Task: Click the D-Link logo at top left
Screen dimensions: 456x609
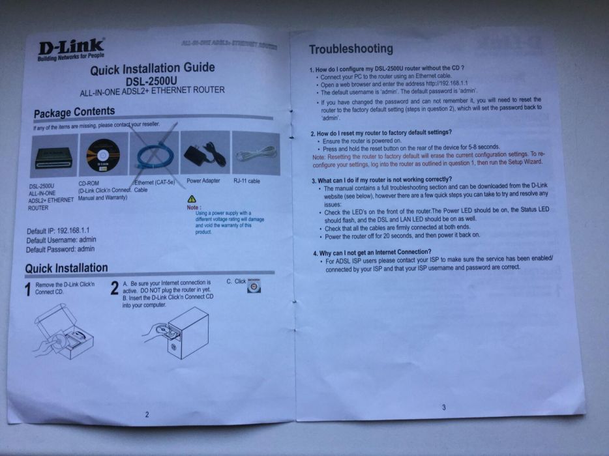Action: tap(71, 50)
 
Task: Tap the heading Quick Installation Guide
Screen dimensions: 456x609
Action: tap(152, 68)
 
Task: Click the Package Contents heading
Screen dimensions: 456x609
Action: tap(74, 113)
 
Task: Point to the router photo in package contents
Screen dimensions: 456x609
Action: tap(52, 154)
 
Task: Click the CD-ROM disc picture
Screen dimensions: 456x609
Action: tap(102, 154)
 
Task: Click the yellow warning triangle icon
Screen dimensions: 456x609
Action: tap(190, 198)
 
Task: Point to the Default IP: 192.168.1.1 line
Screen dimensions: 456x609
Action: tap(57, 231)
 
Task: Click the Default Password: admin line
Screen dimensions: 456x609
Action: tap(60, 249)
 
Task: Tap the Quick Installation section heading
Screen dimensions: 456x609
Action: tap(67, 268)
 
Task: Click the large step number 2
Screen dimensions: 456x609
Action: tap(114, 289)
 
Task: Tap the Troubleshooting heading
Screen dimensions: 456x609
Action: tap(350, 49)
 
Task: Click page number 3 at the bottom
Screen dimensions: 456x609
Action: tap(443, 407)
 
